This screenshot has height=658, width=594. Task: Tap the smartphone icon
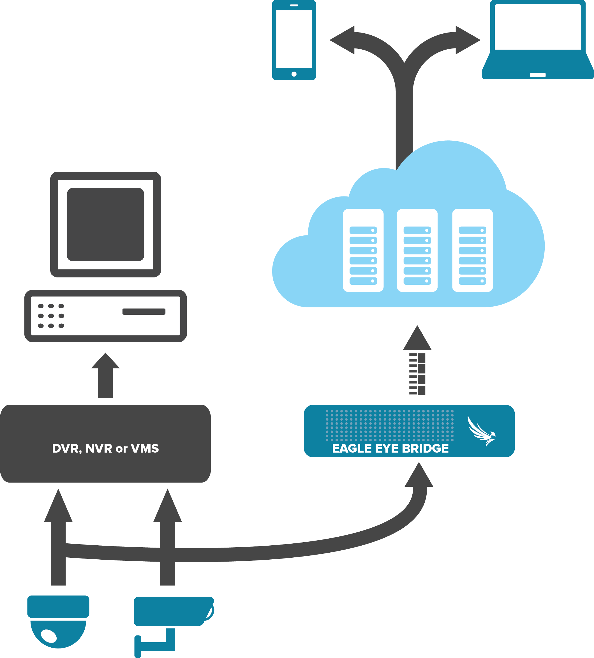294,39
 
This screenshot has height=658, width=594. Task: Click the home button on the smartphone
294,74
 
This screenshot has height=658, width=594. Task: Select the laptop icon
538,39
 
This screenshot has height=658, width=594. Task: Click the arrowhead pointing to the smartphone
343,40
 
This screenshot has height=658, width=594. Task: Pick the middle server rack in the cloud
417,250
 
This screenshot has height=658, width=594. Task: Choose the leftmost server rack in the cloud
363,250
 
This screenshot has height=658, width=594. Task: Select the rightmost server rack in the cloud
472,250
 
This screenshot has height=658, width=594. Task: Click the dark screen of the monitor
105,224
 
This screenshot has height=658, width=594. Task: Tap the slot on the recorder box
144,312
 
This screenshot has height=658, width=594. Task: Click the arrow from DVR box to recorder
105,375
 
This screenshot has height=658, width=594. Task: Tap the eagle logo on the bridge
481,431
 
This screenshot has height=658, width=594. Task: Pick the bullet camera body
170,611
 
